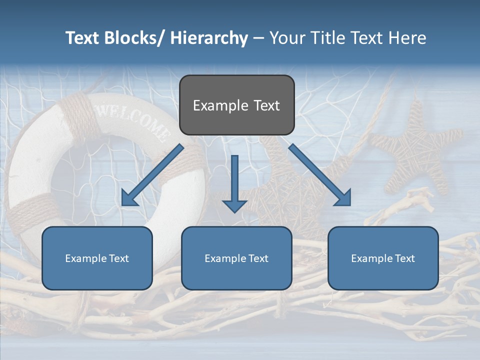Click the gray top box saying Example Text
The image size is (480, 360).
click(236, 105)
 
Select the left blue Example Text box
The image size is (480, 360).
click(97, 258)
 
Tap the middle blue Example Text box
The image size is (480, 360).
click(236, 258)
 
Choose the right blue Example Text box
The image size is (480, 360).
click(383, 258)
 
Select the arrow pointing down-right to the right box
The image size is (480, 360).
click(320, 175)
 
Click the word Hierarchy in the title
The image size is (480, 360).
click(209, 38)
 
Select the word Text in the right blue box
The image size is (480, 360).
click(404, 258)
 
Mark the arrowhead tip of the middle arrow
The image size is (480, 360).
click(234, 211)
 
